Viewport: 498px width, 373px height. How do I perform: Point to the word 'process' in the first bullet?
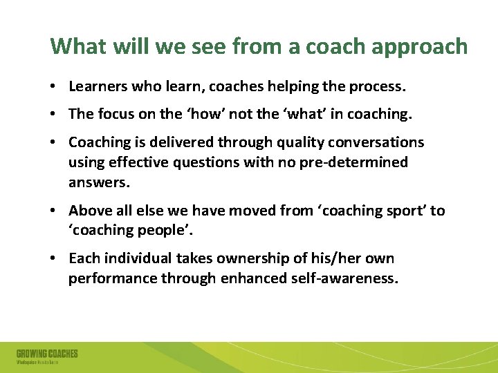pos(380,86)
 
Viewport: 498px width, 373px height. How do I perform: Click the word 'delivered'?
pos(182,142)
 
